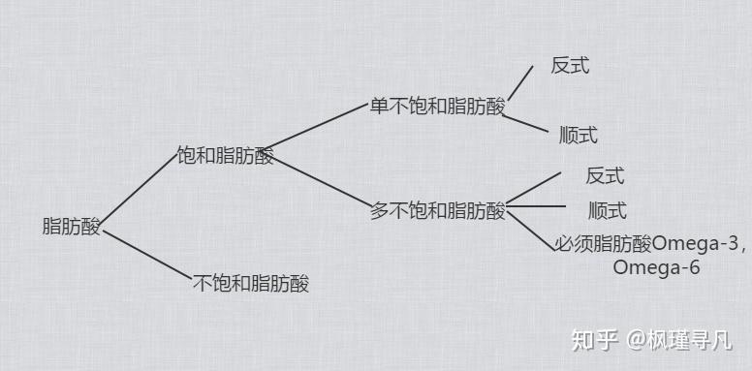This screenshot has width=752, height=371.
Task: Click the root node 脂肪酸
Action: (x=72, y=227)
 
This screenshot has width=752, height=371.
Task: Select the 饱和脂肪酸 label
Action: (x=225, y=156)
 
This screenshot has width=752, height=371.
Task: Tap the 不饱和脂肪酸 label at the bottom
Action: (x=251, y=284)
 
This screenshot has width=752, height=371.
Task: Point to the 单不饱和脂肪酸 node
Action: (x=437, y=107)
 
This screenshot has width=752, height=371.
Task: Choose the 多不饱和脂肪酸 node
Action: (x=437, y=210)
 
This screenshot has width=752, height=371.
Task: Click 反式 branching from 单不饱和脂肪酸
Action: (x=570, y=66)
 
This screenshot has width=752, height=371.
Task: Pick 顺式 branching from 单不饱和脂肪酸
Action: (x=579, y=135)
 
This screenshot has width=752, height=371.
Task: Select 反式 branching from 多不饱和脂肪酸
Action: (x=605, y=176)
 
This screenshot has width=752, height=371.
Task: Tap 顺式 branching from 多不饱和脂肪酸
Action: (x=608, y=210)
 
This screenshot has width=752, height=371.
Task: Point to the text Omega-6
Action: (x=656, y=267)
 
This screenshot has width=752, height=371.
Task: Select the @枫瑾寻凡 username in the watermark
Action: (x=680, y=340)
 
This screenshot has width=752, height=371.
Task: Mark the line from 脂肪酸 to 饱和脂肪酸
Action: (x=138, y=191)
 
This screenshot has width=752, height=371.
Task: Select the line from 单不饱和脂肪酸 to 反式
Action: (x=519, y=83)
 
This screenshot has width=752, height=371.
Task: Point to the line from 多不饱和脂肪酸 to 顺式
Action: (x=536, y=206)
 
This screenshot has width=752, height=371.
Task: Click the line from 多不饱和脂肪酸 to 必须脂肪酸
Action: (x=529, y=230)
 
